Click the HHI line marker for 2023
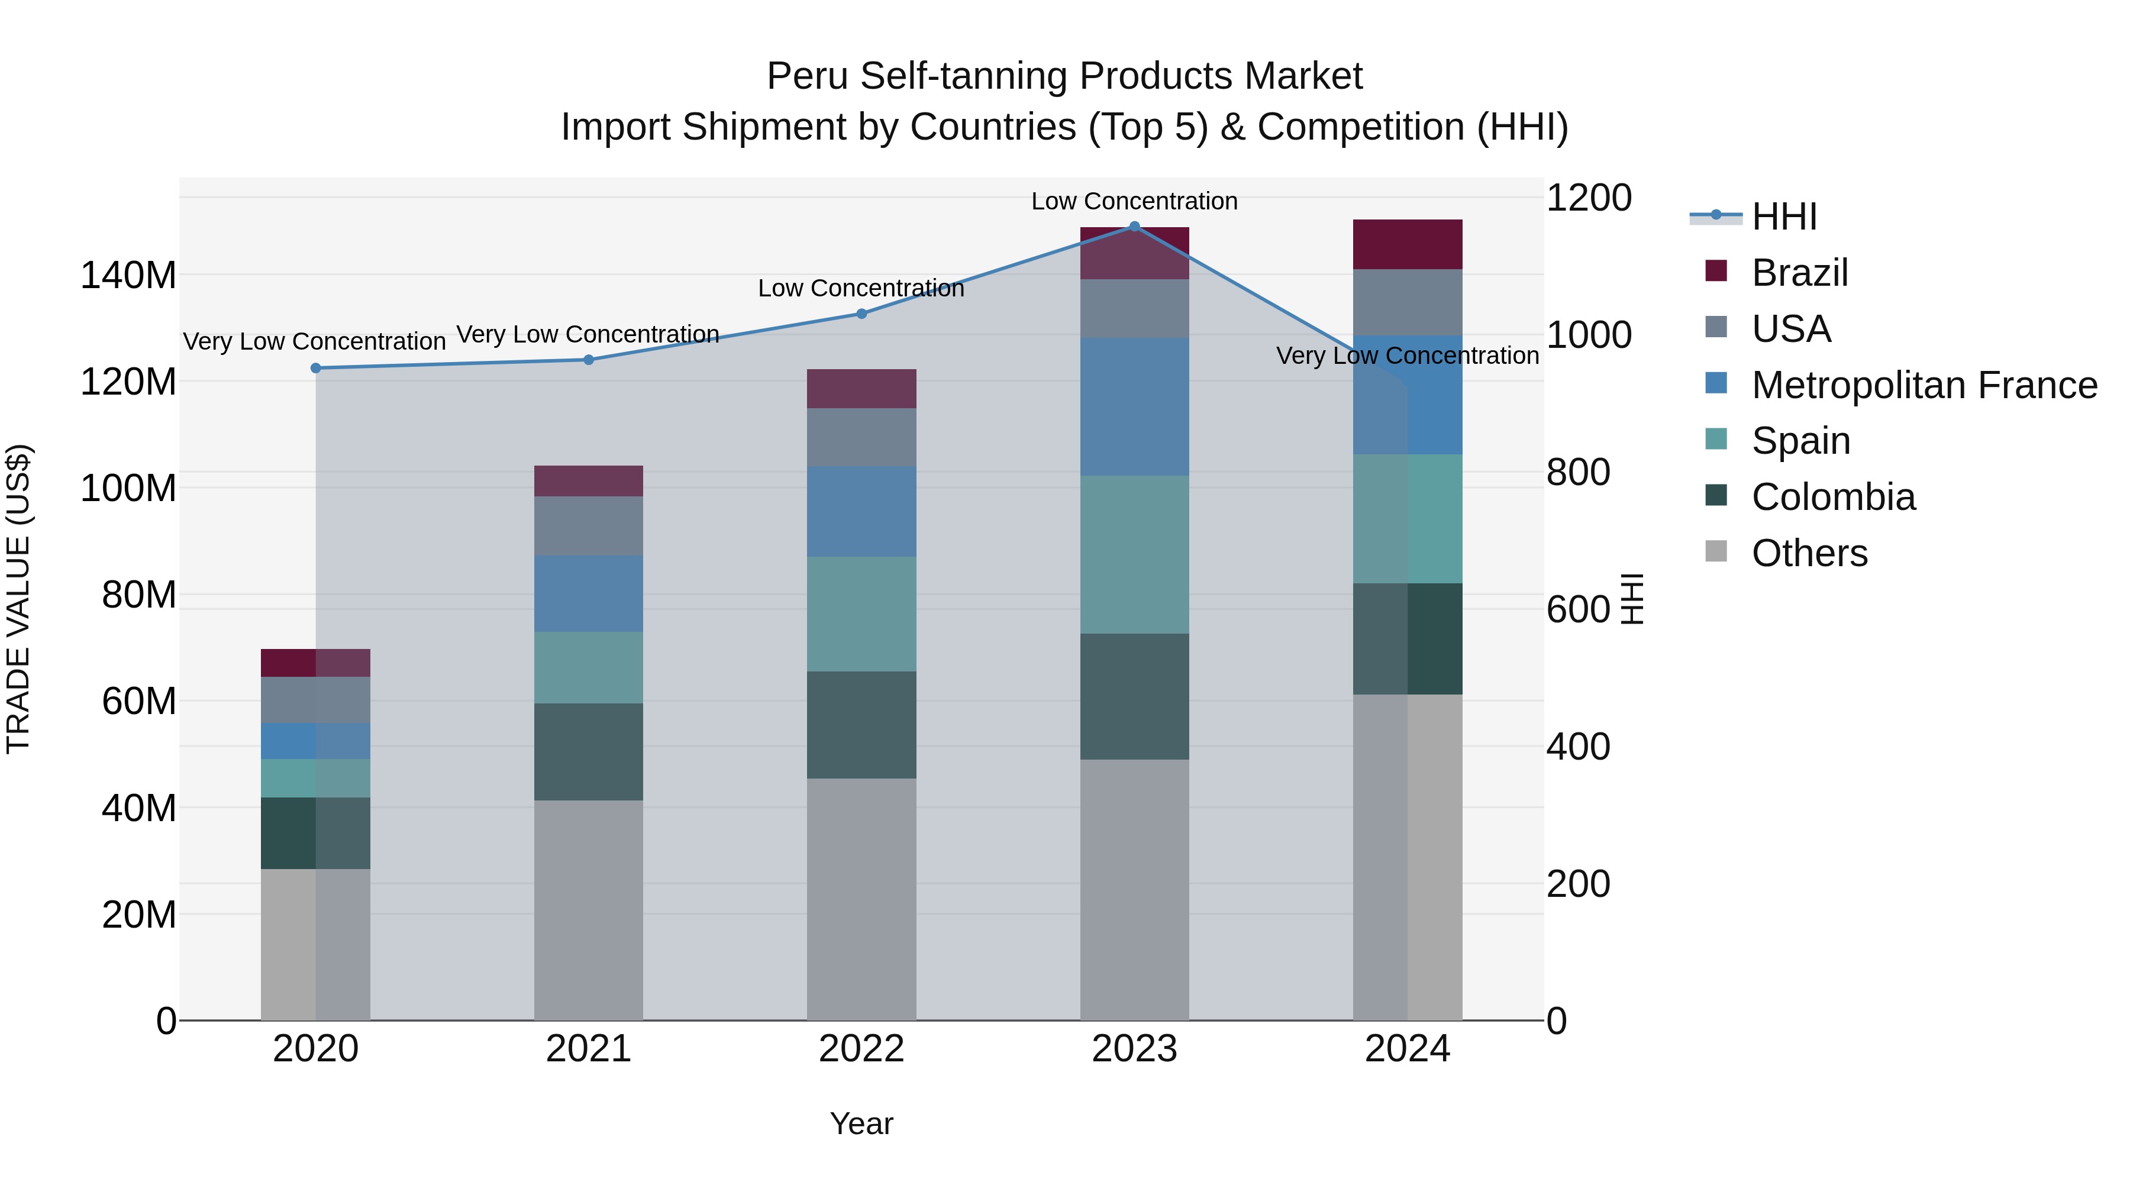click(x=1134, y=227)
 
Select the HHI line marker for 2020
click(x=316, y=368)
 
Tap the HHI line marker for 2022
click(x=861, y=314)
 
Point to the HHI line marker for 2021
click(x=589, y=360)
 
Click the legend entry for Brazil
click(x=1799, y=273)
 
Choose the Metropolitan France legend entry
click(x=1924, y=385)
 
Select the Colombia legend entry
click(x=1832, y=497)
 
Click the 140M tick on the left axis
click(x=128, y=275)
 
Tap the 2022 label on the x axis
click(x=861, y=1049)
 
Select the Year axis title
click(x=861, y=1123)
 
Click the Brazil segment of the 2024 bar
click(x=1408, y=245)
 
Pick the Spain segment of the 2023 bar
click(x=1134, y=555)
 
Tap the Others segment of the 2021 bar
click(x=589, y=909)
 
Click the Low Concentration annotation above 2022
click(x=861, y=289)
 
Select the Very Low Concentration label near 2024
click(x=1408, y=356)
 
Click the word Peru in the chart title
click(x=807, y=77)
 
